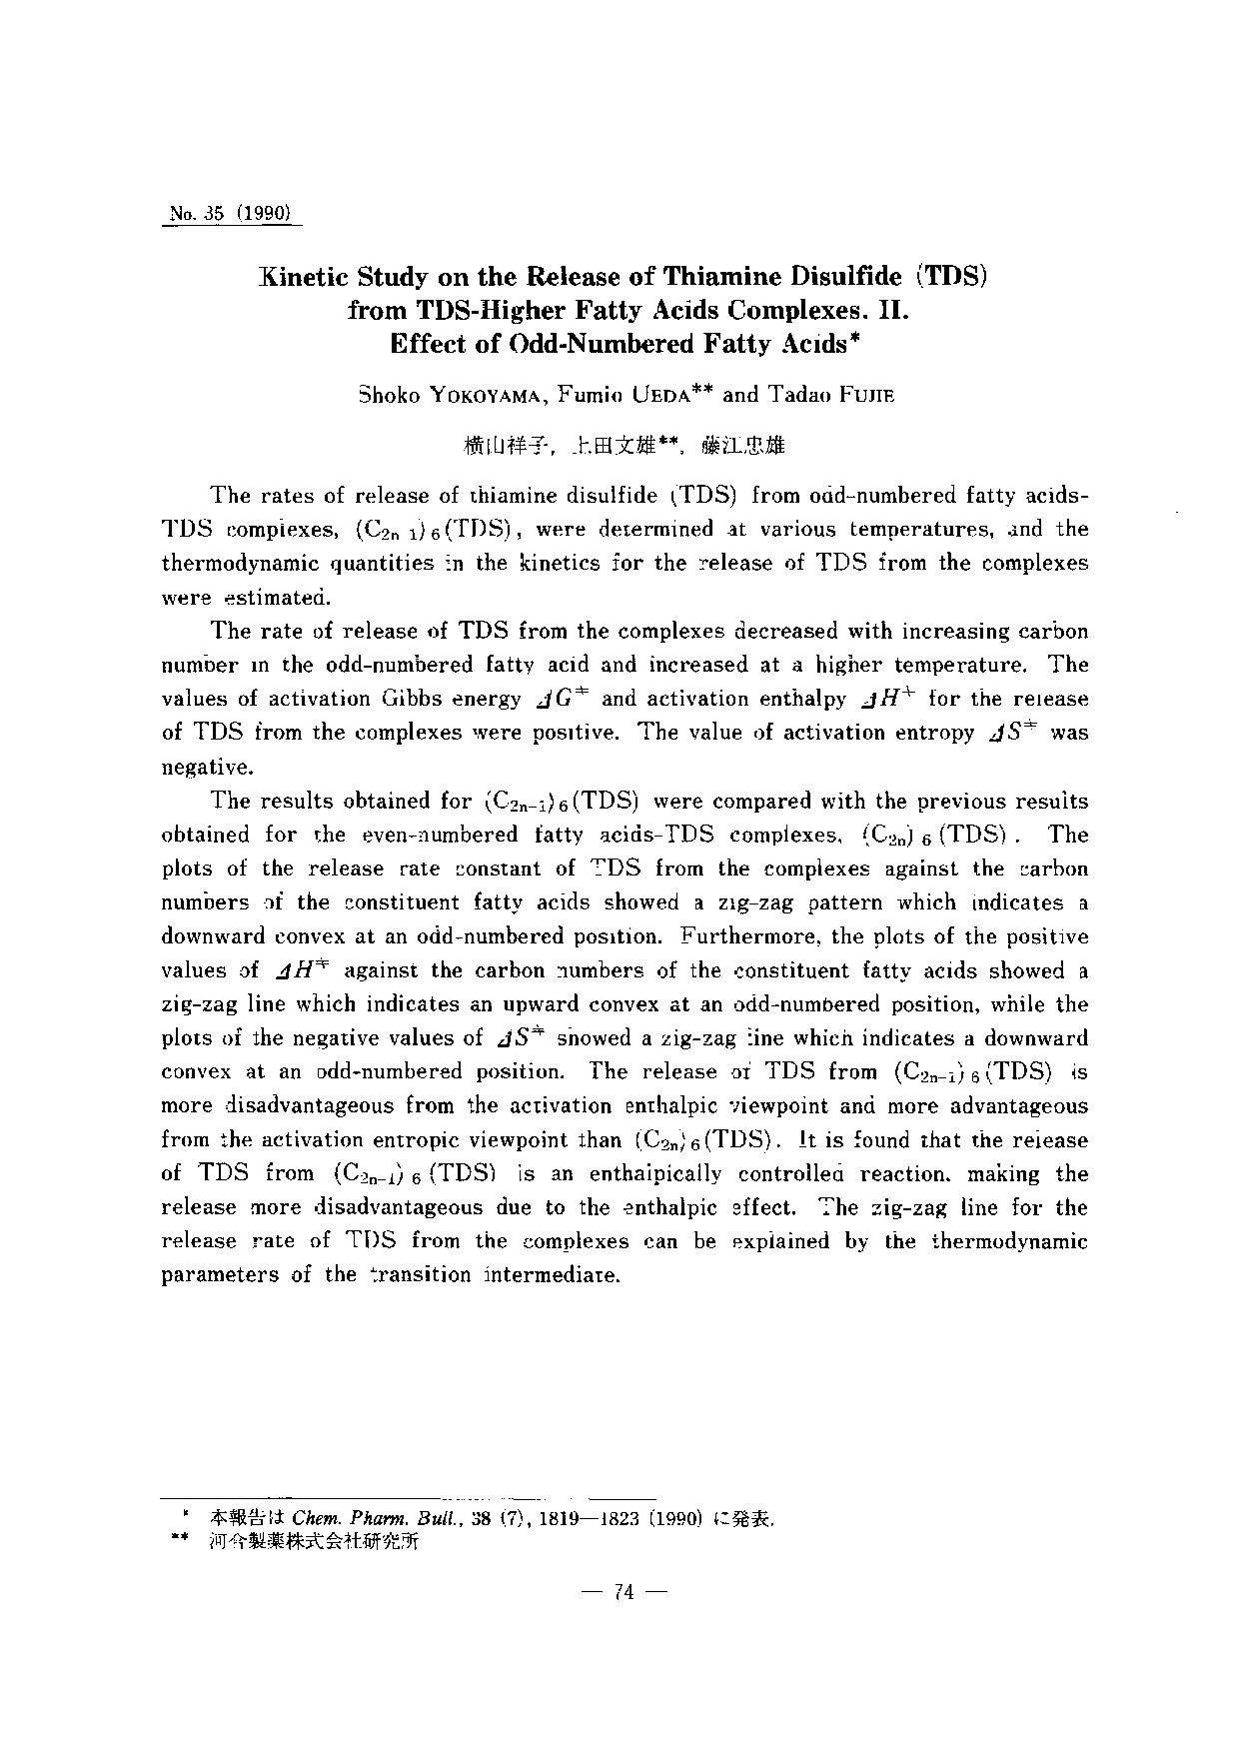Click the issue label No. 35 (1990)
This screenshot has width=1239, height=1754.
(230, 213)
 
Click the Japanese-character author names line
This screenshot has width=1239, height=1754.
(624, 446)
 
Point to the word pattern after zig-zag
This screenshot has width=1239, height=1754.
(846, 902)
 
